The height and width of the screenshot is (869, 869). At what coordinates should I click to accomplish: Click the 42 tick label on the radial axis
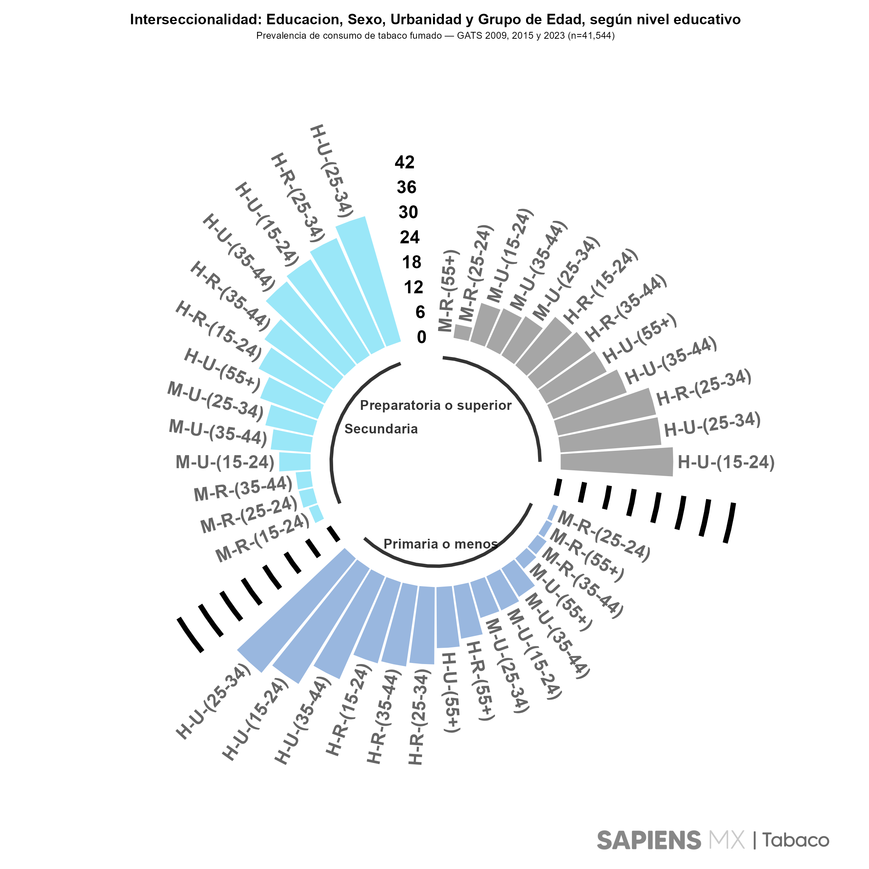(x=404, y=162)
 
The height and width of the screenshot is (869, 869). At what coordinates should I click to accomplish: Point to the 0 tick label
(x=421, y=337)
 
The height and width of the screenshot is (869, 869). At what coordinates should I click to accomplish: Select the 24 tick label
(x=410, y=237)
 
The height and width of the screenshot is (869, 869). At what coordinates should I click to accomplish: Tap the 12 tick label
(x=413, y=287)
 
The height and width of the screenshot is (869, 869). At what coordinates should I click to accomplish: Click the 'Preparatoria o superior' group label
(x=435, y=405)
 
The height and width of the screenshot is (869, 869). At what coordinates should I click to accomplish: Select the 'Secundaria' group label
(x=381, y=429)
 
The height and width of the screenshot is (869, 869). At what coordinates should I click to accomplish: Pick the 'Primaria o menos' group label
(x=440, y=544)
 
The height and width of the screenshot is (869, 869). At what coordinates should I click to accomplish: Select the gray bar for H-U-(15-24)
(x=616, y=462)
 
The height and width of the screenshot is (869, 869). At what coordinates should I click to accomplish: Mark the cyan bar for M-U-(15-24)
(x=295, y=462)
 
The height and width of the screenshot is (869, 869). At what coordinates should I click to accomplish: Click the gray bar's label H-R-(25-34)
(x=704, y=387)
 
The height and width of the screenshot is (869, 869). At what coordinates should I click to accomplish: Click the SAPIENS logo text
(x=648, y=840)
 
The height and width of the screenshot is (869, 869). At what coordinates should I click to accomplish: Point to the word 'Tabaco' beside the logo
(x=795, y=840)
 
